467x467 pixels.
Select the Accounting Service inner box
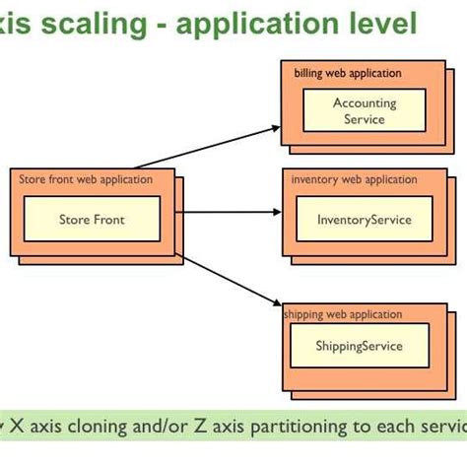(x=364, y=110)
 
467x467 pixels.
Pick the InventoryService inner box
(x=364, y=220)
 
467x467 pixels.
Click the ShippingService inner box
(x=359, y=347)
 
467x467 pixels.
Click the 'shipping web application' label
(x=344, y=314)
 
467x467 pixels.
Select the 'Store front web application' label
(x=86, y=179)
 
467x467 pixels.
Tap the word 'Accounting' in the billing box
(x=364, y=102)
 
